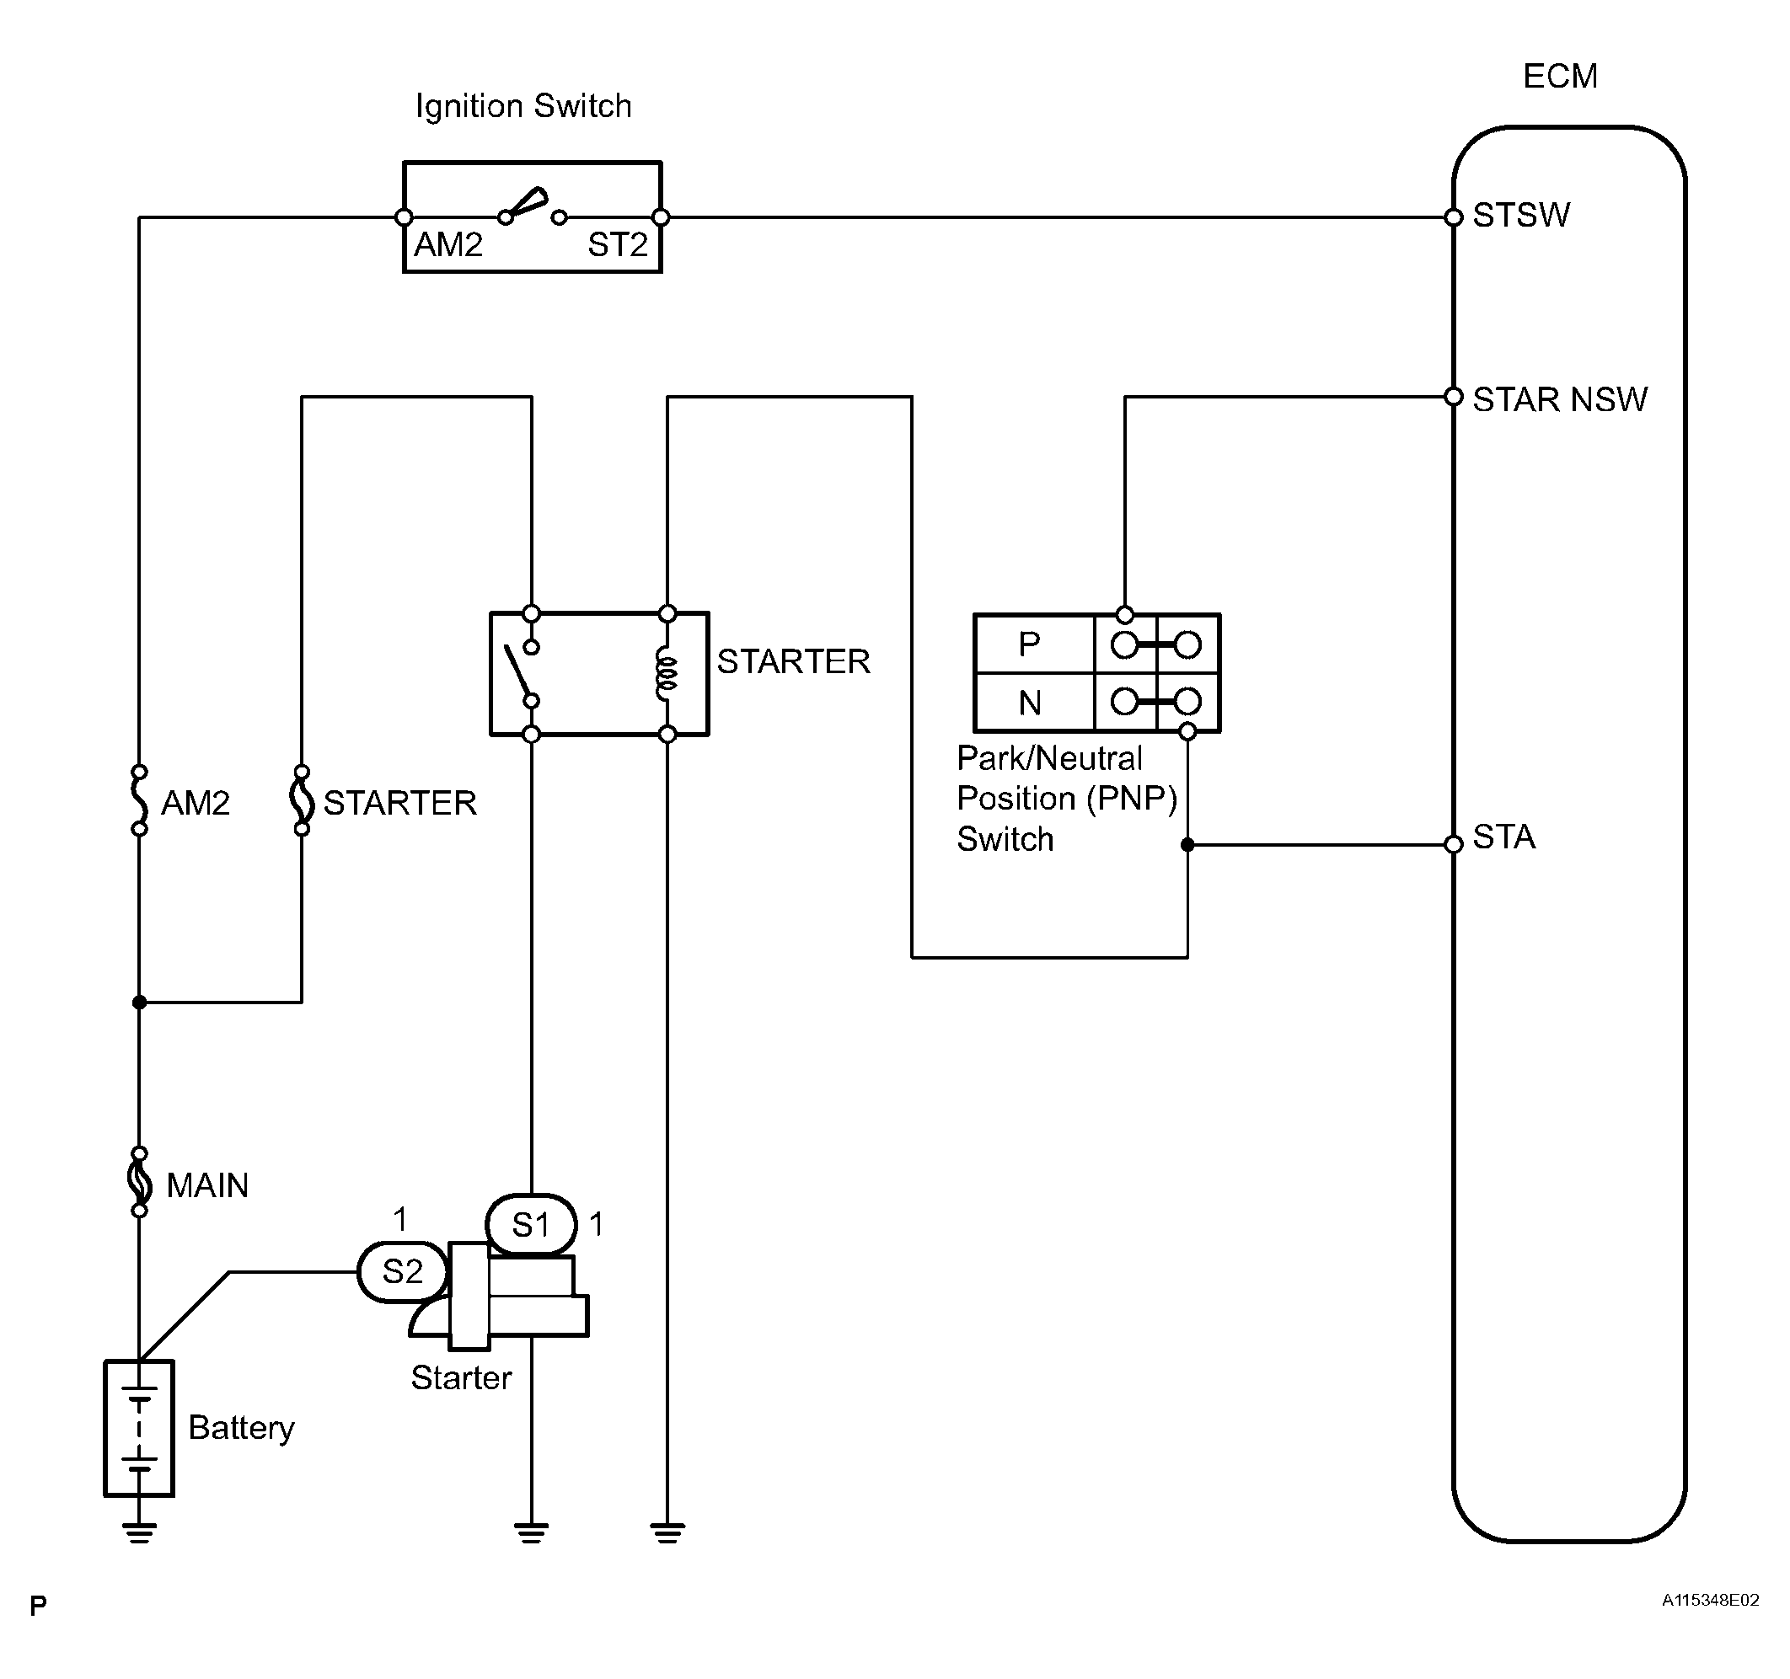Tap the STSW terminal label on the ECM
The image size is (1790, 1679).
tap(1521, 216)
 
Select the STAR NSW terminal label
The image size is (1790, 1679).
tap(1559, 399)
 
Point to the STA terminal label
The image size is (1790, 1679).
tap(1503, 838)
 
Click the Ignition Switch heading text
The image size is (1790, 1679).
tap(523, 106)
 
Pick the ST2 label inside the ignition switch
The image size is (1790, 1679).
tap(618, 245)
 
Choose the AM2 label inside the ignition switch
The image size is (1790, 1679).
tap(448, 245)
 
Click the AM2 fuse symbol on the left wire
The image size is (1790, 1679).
tap(140, 800)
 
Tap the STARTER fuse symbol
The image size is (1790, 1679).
tap(302, 800)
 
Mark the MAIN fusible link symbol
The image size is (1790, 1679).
tap(140, 1182)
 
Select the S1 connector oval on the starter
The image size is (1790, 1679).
tap(531, 1225)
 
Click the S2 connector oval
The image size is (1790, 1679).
tap(403, 1272)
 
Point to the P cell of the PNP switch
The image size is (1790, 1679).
tap(1029, 644)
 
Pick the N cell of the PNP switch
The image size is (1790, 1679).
tap(1029, 703)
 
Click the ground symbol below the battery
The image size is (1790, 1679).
tap(140, 1532)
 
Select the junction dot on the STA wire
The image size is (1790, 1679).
tap(1187, 844)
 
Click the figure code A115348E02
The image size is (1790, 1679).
tap(1710, 1600)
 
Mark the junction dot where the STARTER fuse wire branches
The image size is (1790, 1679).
tap(140, 1002)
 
